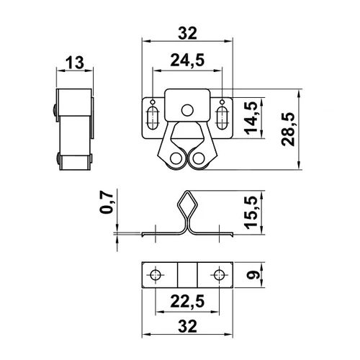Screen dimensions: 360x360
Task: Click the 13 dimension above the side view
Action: coord(75,63)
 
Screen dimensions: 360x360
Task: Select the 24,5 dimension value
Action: coord(187,60)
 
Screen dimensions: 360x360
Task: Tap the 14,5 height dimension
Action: coord(251,118)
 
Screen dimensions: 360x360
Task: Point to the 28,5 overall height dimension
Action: coord(288,129)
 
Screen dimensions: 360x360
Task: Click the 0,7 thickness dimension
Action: coord(106,202)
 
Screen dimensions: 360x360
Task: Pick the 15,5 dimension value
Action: coord(251,212)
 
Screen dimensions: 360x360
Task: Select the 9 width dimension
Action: coord(252,274)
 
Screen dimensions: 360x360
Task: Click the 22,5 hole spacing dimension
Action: coord(187,302)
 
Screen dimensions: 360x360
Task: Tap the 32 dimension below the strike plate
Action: coord(187,326)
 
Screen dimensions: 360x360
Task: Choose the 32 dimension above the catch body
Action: coord(187,33)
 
